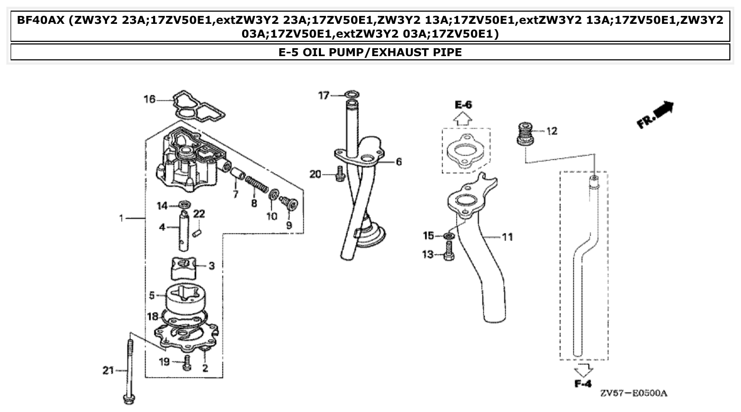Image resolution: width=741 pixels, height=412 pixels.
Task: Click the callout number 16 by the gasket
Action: pyautogui.click(x=150, y=99)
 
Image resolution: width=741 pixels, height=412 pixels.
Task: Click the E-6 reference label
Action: pyautogui.click(x=463, y=105)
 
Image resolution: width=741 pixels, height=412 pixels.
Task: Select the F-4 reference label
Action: pyautogui.click(x=583, y=383)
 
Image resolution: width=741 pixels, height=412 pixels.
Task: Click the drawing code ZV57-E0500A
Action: pyautogui.click(x=634, y=394)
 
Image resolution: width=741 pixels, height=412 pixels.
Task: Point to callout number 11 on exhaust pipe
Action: pyautogui.click(x=507, y=237)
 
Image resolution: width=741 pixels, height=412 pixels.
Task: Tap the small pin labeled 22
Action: pyautogui.click(x=197, y=232)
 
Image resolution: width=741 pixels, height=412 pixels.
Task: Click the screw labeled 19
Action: pyautogui.click(x=186, y=363)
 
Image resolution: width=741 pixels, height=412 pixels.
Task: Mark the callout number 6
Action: pyautogui.click(x=398, y=162)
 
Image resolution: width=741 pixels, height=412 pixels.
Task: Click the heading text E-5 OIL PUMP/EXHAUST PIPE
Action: pyautogui.click(x=370, y=52)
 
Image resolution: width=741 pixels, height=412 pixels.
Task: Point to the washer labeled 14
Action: pyautogui.click(x=184, y=204)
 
